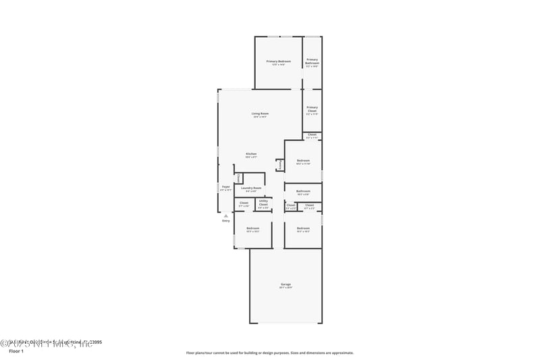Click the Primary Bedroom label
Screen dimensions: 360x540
pos(278,61)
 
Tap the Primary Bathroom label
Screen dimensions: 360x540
pos(312,61)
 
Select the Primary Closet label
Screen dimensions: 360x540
pos(312,109)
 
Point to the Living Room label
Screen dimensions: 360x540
pos(260,113)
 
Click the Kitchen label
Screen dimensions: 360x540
pos(251,154)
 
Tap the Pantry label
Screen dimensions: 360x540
pos(279,164)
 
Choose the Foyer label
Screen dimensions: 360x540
pos(225,186)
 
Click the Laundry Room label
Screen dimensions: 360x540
pos(251,188)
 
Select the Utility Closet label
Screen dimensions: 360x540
pos(263,202)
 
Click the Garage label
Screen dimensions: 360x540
pos(286,284)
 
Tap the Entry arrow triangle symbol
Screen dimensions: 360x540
pos(225,215)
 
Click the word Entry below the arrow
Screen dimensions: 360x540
pos(225,221)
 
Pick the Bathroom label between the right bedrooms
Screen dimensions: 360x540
pos(303,191)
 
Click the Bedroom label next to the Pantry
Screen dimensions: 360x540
pos(303,160)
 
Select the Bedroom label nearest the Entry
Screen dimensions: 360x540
pos(252,228)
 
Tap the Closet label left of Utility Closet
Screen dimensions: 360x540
pos(244,203)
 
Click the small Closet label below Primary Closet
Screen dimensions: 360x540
pos(312,134)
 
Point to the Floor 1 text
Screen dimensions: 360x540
pos(16,352)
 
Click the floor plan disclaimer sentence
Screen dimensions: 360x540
pos(269,353)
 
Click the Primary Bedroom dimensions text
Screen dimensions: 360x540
pos(278,65)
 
